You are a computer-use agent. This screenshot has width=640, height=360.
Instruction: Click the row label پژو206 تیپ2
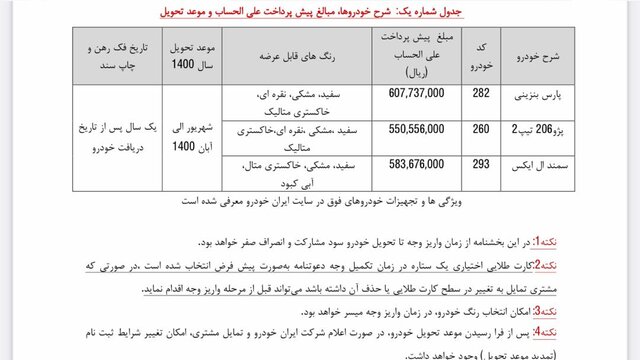click(x=543, y=129)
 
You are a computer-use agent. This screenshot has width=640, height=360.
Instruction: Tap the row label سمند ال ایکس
click(x=543, y=165)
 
